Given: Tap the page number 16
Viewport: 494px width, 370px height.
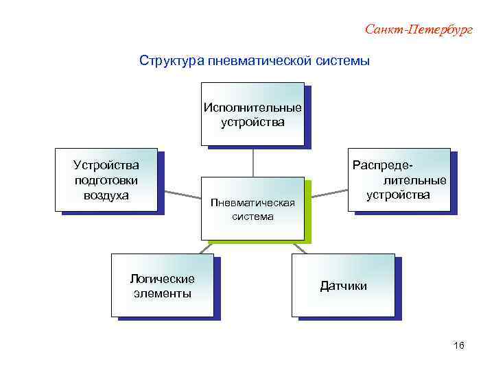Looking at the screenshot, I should [x=459, y=345].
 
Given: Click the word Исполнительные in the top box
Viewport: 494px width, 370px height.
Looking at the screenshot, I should [x=252, y=108].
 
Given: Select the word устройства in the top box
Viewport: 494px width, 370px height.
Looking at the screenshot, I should [x=252, y=123].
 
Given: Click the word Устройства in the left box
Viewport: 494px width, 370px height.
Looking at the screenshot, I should [x=106, y=165].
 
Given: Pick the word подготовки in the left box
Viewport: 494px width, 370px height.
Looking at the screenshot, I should [x=106, y=180].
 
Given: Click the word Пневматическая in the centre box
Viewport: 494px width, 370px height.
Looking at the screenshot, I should [x=252, y=203].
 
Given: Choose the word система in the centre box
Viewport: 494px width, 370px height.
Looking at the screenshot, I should [x=252, y=217].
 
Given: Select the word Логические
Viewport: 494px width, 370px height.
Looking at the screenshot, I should [x=162, y=279].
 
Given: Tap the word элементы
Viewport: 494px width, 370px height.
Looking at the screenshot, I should [x=162, y=293].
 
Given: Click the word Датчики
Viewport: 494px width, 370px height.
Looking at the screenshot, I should [x=343, y=286].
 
